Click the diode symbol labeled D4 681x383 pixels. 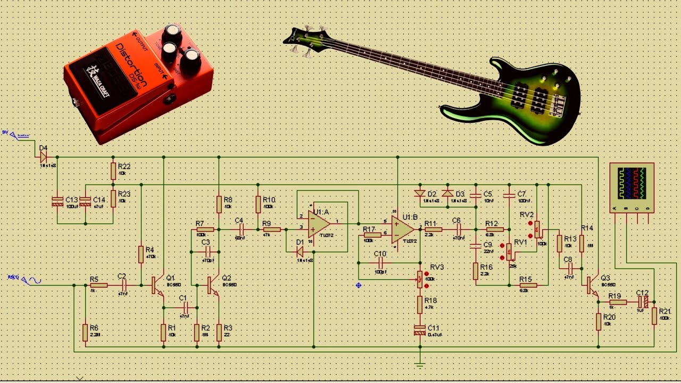(x=44, y=157)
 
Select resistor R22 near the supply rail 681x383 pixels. (x=113, y=171)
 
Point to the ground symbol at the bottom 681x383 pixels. (x=420, y=365)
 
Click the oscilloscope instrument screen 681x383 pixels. (x=632, y=183)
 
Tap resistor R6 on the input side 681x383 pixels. (x=85, y=332)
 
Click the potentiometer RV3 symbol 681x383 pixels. (x=420, y=279)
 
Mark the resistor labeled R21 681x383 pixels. (x=654, y=315)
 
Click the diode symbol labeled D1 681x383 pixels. (x=300, y=252)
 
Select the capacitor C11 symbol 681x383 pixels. (x=420, y=330)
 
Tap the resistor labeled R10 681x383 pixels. (x=258, y=204)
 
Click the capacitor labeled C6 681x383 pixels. (x=456, y=230)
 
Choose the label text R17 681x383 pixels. (x=369, y=229)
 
